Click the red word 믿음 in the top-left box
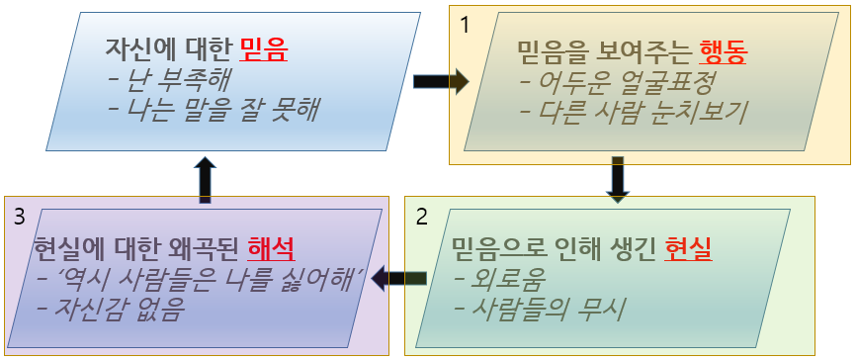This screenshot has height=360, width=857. pyautogui.click(x=261, y=48)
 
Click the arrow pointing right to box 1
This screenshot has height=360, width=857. pyautogui.click(x=440, y=81)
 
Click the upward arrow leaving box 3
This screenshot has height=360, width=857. pyautogui.click(x=205, y=178)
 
